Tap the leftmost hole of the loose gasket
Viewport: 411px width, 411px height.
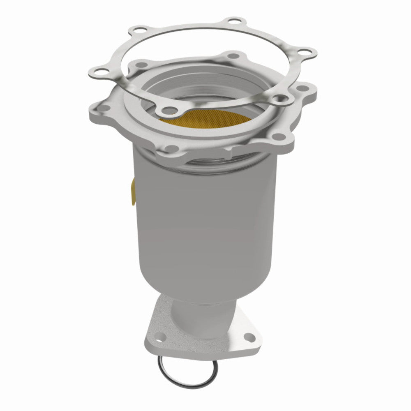tap(101, 71)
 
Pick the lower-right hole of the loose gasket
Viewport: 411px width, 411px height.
tap(279, 98)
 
